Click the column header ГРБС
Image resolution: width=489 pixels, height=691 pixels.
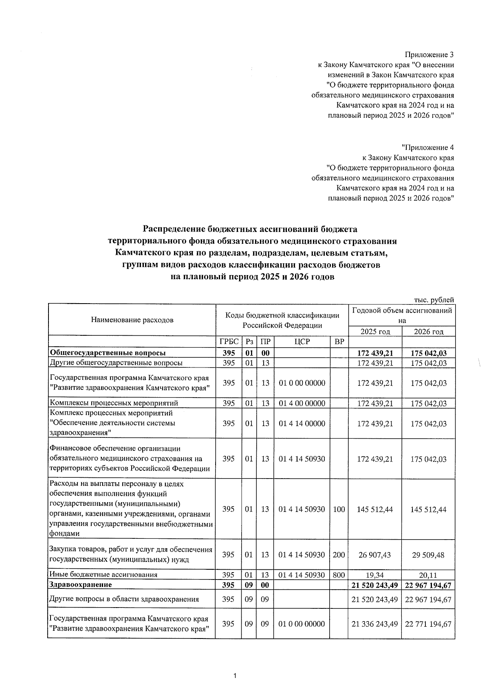pos(229,341)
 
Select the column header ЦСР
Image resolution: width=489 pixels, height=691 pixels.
pos(302,341)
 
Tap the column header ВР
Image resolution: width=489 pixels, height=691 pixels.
pos(339,341)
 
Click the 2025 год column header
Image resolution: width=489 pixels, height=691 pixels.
pos(375,331)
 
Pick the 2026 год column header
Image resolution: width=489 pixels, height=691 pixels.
pos(428,331)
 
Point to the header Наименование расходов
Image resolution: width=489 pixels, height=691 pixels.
pos(132,320)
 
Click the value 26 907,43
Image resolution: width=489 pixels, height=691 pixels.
pos(375,555)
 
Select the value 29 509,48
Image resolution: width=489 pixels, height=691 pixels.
pos(428,555)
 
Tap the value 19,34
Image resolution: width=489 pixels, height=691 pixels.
pos(375,575)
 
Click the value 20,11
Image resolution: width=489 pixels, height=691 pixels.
pos(428,575)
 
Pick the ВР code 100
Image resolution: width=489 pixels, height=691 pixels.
pos(339,509)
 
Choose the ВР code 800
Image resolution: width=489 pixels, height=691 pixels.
pos(339,575)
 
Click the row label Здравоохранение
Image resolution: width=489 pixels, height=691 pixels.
pos(80,585)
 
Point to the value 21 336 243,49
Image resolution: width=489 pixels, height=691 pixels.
pos(375,624)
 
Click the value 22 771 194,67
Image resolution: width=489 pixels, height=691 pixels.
pos(428,624)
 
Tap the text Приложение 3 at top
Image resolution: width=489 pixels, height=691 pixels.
pos(429,55)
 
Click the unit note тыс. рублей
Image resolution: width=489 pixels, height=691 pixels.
pos(434,300)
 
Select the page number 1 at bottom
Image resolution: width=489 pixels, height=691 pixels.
pos(235,676)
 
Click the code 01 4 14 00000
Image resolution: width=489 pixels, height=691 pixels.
pos(302,423)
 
